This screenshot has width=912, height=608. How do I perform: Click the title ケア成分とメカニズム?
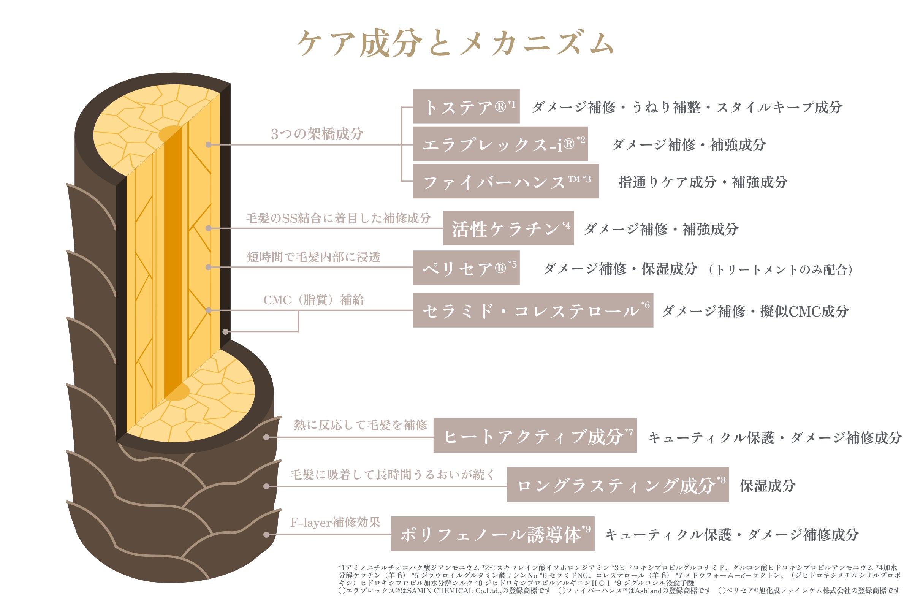[x=455, y=43]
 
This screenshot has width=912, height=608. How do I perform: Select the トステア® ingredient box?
[x=466, y=107]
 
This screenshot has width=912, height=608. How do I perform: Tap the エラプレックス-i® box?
[x=500, y=144]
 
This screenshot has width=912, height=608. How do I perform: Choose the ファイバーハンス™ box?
[x=506, y=182]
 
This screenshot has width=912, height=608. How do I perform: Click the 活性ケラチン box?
[x=508, y=228]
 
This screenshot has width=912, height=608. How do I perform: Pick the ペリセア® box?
[x=466, y=268]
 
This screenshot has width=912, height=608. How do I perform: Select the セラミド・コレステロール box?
[x=533, y=310]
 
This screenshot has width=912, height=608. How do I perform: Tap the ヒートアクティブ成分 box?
[x=535, y=436]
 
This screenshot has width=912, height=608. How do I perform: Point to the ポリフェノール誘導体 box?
[x=492, y=534]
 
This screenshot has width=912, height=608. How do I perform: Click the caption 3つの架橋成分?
[x=317, y=134]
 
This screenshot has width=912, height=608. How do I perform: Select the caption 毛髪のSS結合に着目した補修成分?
[x=338, y=218]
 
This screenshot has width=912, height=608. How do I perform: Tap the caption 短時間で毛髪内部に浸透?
[x=314, y=257]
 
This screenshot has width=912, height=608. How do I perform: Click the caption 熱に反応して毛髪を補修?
[x=360, y=425]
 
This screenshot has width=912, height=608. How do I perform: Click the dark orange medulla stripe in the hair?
[x=173, y=264]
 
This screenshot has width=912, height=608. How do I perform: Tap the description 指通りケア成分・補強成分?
[x=703, y=182]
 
